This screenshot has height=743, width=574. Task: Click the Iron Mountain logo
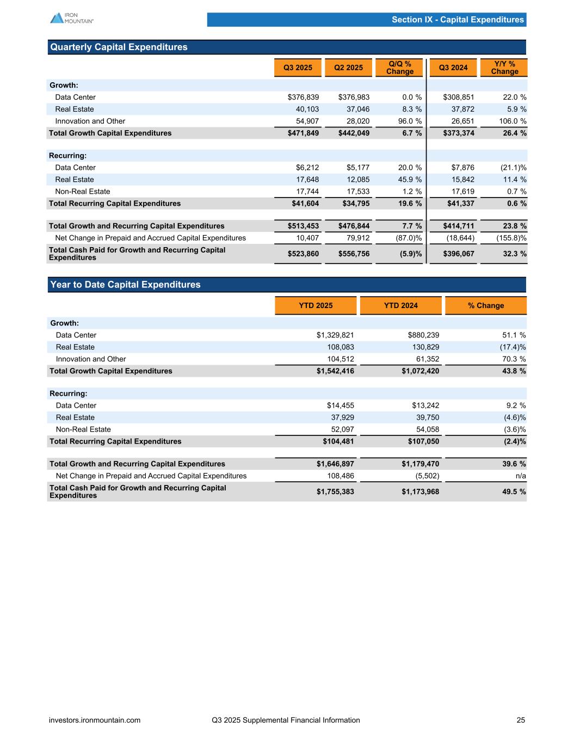click(71, 18)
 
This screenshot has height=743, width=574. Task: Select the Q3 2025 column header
click(298, 67)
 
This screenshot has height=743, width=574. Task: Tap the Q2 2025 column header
click(348, 67)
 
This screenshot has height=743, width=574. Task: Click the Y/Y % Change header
click(504, 67)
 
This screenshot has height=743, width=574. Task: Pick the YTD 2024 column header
click(401, 305)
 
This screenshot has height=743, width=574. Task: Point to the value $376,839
click(303, 97)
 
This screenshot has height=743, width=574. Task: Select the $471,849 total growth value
click(303, 133)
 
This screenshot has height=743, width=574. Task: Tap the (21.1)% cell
click(513, 168)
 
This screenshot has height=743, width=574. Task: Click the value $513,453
click(303, 226)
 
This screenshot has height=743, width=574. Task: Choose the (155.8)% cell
click(511, 238)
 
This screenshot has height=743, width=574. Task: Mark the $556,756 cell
click(354, 254)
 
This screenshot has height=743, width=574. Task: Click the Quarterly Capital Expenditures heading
click(119, 47)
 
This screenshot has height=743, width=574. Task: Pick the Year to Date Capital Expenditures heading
click(125, 285)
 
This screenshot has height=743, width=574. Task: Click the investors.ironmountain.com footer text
click(95, 720)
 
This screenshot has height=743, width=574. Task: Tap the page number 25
click(521, 720)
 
